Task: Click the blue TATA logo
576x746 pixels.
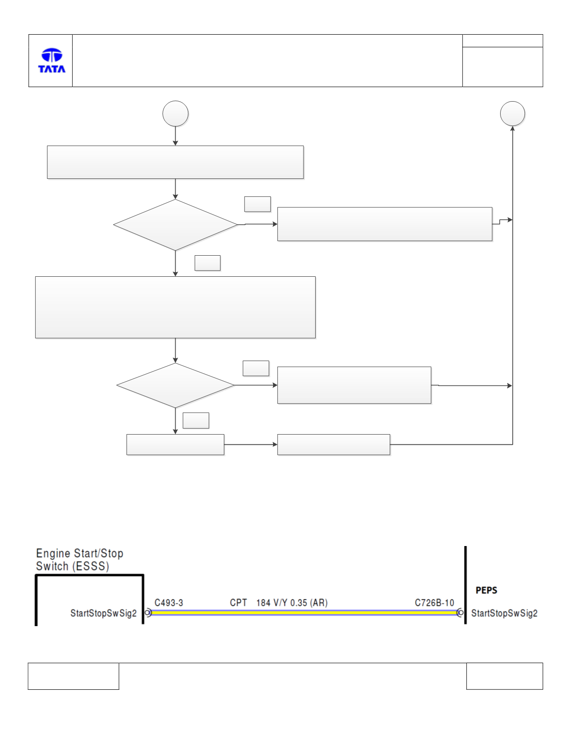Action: pyautogui.click(x=52, y=60)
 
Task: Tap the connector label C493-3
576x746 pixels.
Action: pyautogui.click(x=169, y=603)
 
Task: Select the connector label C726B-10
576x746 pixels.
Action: pyautogui.click(x=434, y=603)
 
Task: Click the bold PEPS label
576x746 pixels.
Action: pyautogui.click(x=486, y=590)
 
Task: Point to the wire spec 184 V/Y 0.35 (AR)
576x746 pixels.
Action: pyautogui.click(x=292, y=603)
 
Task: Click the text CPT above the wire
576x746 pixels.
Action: pyautogui.click(x=238, y=603)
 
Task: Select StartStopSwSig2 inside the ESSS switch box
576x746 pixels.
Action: pyautogui.click(x=103, y=613)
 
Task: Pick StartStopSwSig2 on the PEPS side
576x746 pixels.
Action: pyautogui.click(x=504, y=613)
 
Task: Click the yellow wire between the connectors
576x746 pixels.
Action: pyautogui.click(x=304, y=613)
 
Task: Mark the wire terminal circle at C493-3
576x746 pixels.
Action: pyautogui.click(x=148, y=613)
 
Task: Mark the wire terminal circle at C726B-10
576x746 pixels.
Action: pyautogui.click(x=460, y=613)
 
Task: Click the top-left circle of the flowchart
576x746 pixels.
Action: pyautogui.click(x=176, y=114)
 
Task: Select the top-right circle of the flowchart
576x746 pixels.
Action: pyautogui.click(x=512, y=114)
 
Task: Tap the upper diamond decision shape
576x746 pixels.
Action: pyautogui.click(x=176, y=225)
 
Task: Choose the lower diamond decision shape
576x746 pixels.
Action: pyautogui.click(x=176, y=385)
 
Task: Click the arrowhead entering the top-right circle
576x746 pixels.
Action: pyautogui.click(x=512, y=128)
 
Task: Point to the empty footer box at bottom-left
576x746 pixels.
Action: pyautogui.click(x=74, y=676)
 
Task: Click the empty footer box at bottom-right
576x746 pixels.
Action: pyautogui.click(x=505, y=676)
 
